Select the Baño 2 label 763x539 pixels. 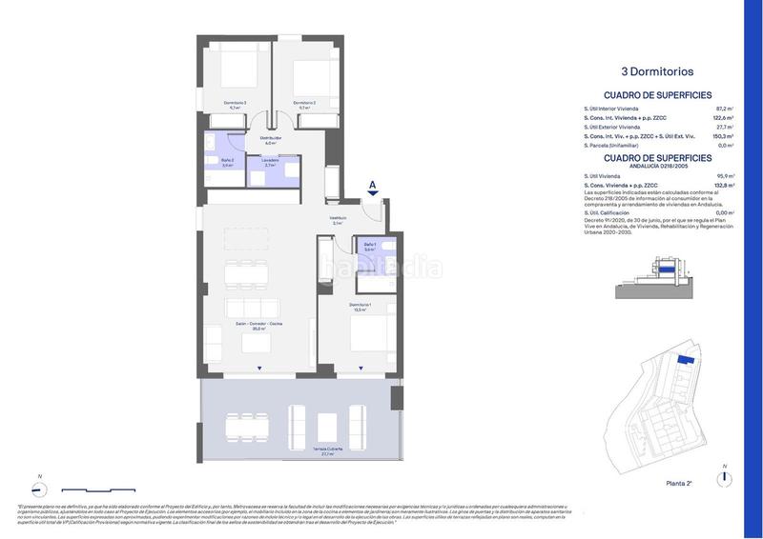(227, 162)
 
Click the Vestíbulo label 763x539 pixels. (338, 221)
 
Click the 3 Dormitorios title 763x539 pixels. (656, 70)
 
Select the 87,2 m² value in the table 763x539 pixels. (724, 109)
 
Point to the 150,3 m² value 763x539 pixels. (724, 136)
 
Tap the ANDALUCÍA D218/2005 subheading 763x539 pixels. (657, 166)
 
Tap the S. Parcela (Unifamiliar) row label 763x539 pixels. (614, 146)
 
